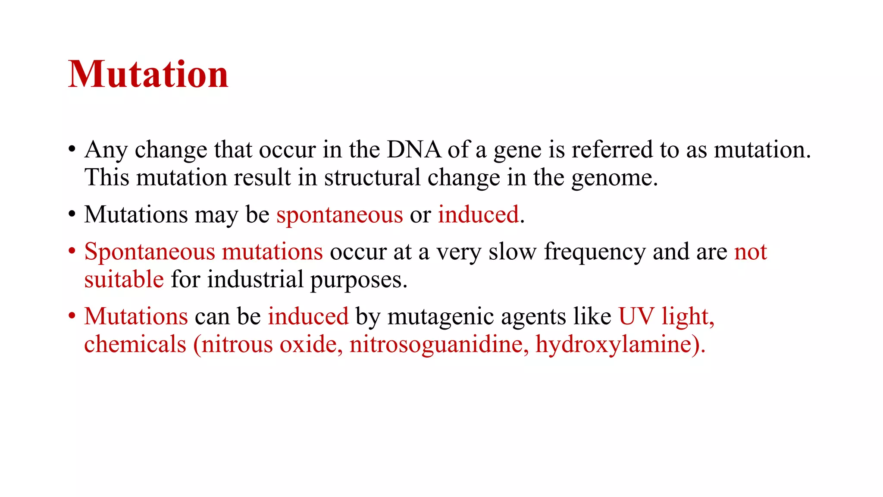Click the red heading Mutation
point(148,75)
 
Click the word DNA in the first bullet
point(413,150)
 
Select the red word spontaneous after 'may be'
point(339,215)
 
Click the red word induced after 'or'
point(478,215)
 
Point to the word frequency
point(595,252)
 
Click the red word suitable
point(124,280)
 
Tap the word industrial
point(255,280)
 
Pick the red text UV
point(636,316)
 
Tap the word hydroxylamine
point(614,345)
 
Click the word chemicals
point(135,345)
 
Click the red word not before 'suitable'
point(750,252)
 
